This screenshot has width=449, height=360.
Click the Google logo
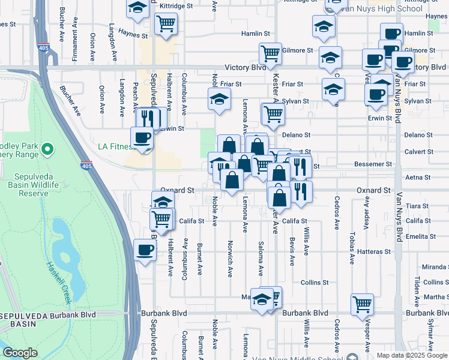pyautogui.click(x=20, y=353)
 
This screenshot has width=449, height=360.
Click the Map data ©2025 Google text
pyautogui.click(x=412, y=355)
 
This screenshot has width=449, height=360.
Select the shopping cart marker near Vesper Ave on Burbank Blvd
pyautogui.click(x=362, y=305)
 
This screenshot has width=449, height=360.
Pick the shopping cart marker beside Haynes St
pyautogui.click(x=166, y=24)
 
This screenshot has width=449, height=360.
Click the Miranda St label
pyautogui.click(x=435, y=267)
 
